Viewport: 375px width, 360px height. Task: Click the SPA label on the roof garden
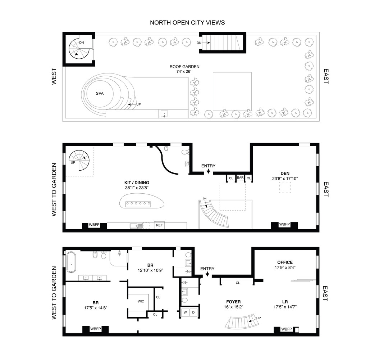[100, 93]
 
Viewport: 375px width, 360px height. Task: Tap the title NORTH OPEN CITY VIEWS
[187, 23]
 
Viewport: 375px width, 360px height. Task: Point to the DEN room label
[285, 173]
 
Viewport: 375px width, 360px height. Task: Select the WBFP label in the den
[284, 224]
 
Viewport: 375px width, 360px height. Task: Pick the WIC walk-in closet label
[141, 301]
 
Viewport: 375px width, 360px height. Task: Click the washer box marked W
[185, 312]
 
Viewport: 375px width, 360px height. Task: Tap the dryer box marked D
[193, 312]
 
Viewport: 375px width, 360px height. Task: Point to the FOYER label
[234, 302]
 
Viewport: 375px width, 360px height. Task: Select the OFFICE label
[285, 262]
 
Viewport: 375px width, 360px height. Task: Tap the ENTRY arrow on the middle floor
[208, 172]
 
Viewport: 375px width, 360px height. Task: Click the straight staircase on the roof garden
[223, 42]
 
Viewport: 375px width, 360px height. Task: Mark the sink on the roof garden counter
[165, 114]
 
